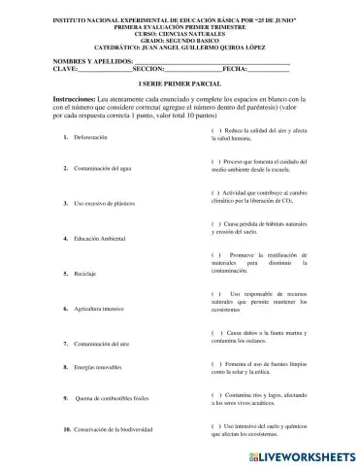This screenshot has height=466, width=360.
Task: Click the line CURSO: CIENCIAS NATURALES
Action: click(180, 26)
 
